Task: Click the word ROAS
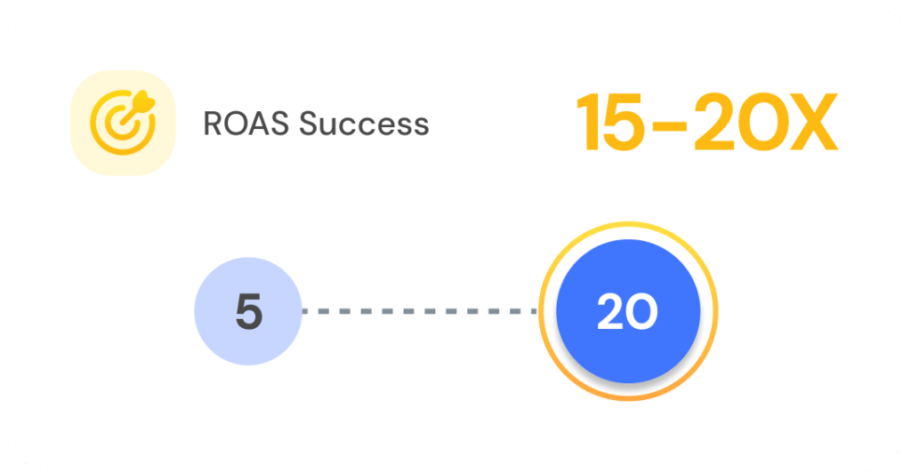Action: coord(246,124)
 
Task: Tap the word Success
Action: coord(364,124)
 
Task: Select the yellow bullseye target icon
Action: coord(123,123)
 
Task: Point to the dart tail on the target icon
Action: coord(144,102)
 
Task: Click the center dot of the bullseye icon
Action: coord(121,124)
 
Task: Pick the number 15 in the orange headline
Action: coord(610,123)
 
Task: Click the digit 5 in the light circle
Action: coord(249,312)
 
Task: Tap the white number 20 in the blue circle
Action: coord(627,312)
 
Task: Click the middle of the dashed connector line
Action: coord(420,311)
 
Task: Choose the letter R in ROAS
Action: coord(214,124)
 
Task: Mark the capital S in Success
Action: coord(310,124)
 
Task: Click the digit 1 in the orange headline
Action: coord(587,123)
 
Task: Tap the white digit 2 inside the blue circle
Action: coord(611,312)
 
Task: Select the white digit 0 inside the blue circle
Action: coord(642,312)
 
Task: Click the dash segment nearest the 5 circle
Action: coord(308,311)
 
